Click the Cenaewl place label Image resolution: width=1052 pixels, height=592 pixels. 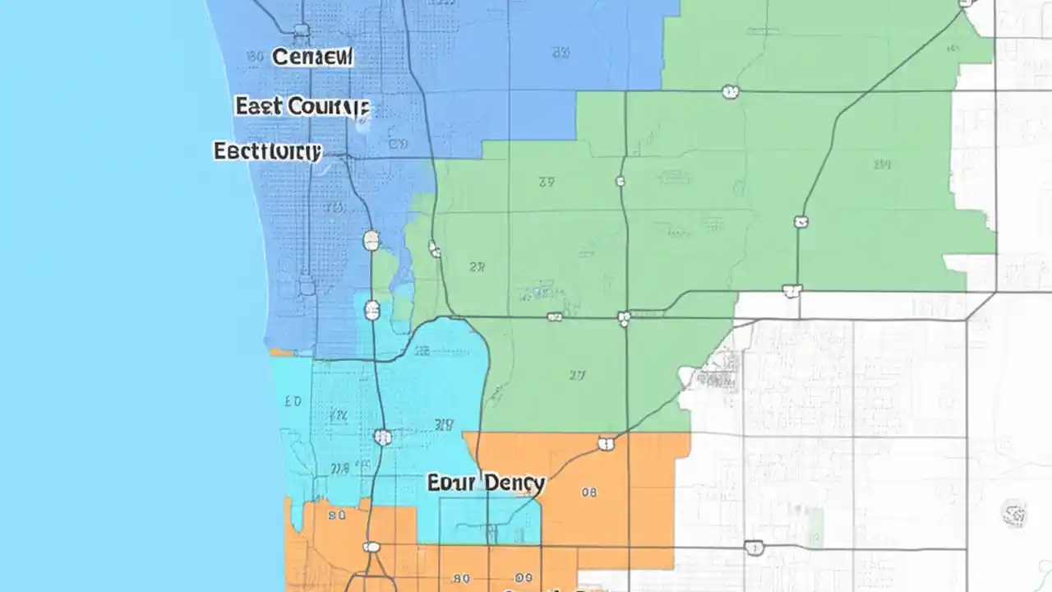coord(312,57)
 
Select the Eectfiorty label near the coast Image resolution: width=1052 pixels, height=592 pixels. coord(267,151)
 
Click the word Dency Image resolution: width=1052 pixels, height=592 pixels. coord(514,483)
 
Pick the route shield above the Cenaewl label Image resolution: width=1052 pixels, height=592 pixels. coord(302,30)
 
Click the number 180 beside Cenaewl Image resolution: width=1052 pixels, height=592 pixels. coord(255,57)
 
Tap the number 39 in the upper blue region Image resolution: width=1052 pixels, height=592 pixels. coord(561,52)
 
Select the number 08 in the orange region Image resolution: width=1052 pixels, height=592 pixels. coord(588,493)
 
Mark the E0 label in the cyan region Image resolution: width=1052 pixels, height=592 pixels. coord(293,402)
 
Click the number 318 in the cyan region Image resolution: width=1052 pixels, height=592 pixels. coord(444,424)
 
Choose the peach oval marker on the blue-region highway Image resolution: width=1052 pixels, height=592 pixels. coord(371,240)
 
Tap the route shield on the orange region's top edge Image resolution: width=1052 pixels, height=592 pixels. coord(607,444)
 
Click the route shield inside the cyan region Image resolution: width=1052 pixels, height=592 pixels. coord(382,437)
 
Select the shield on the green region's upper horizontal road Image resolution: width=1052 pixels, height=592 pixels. coord(730,92)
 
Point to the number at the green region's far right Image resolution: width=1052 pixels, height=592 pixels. coord(882,164)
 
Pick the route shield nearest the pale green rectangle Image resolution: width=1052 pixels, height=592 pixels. coord(754,548)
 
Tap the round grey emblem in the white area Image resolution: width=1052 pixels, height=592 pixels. coord(1014,515)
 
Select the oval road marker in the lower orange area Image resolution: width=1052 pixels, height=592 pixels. coord(371,547)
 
